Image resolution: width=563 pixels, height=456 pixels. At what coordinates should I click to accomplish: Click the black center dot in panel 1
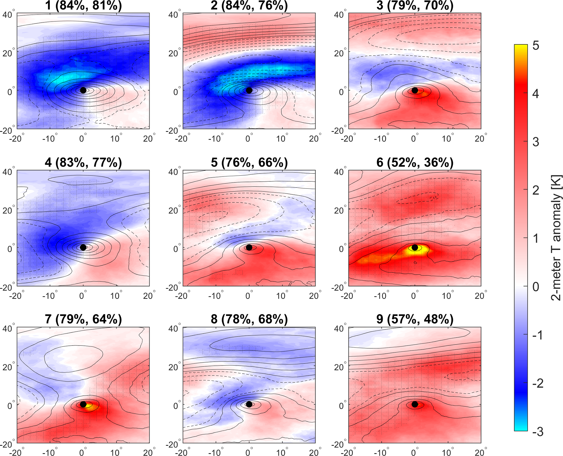[83, 90]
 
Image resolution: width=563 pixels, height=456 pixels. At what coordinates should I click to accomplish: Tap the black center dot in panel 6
[415, 247]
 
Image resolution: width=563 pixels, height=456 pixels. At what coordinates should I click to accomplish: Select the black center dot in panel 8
[249, 404]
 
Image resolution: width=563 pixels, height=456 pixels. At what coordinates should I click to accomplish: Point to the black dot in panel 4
[83, 247]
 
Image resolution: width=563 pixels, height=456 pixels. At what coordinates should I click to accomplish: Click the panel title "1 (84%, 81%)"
[83, 5]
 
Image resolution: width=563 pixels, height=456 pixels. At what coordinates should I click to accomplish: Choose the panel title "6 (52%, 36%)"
[415, 162]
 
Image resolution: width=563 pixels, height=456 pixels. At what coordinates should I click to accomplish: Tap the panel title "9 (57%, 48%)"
[415, 319]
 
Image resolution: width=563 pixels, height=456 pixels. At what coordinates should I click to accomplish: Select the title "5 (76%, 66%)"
[249, 162]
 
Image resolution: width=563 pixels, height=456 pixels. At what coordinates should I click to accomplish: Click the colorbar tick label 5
[535, 46]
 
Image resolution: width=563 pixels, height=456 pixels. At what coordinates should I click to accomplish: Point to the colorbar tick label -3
[535, 432]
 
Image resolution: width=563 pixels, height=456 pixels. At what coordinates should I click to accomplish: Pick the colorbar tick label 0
[535, 287]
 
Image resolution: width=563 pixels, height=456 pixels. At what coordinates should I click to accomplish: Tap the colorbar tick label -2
[535, 383]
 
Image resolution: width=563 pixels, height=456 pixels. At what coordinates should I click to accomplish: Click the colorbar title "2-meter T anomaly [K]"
[556, 237]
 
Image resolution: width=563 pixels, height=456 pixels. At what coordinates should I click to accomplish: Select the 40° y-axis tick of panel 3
[339, 14]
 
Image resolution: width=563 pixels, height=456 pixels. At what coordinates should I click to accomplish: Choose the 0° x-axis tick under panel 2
[249, 139]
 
